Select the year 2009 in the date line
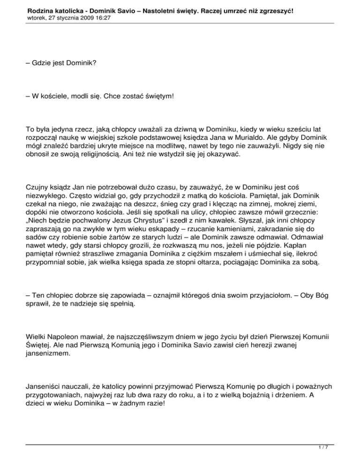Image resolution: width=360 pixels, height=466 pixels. (82, 17)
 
